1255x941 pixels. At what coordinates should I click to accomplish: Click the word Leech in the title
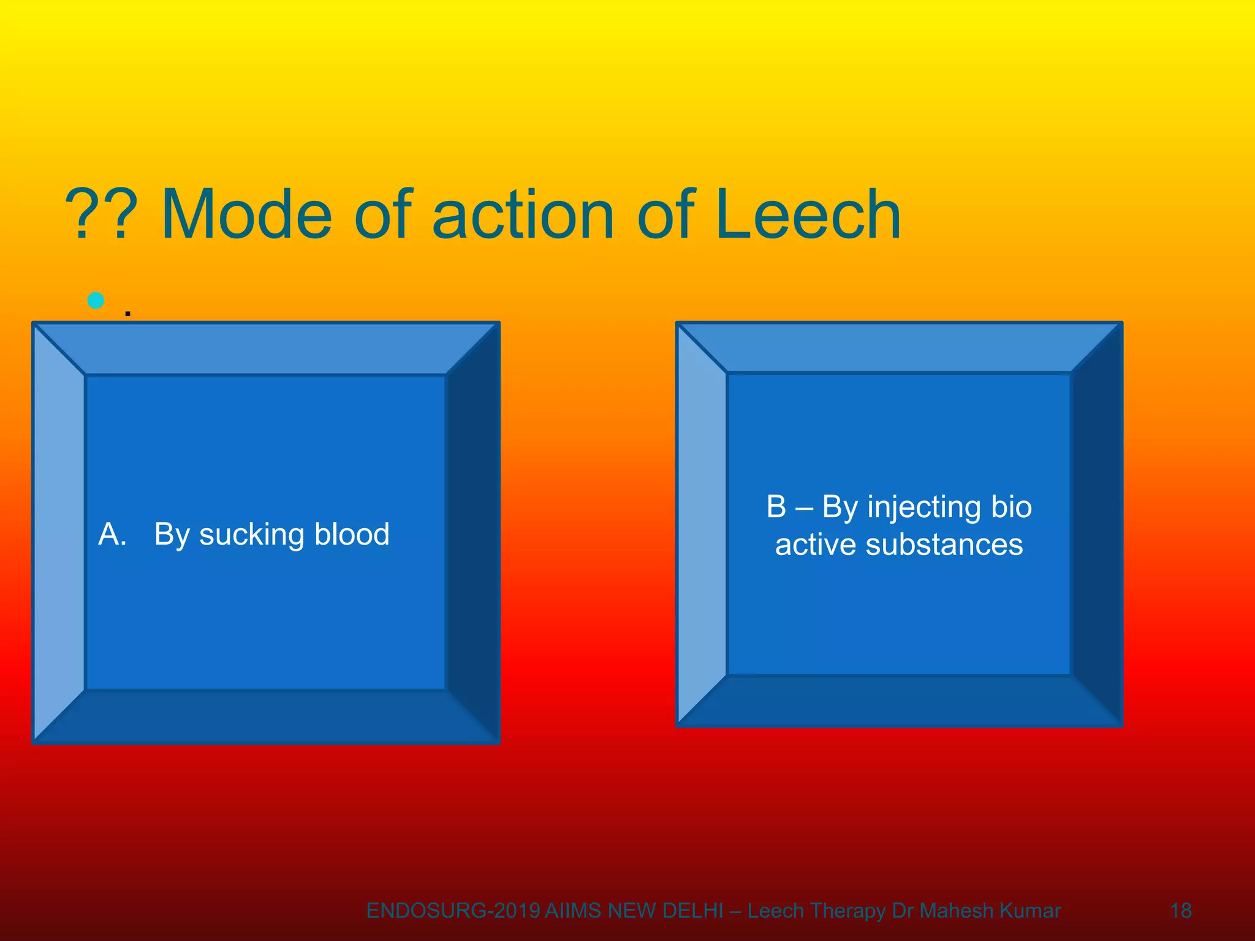(x=808, y=214)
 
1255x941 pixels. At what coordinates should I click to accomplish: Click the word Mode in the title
(x=246, y=214)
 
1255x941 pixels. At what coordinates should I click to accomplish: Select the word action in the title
(x=523, y=214)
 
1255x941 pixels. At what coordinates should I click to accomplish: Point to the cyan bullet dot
(x=96, y=300)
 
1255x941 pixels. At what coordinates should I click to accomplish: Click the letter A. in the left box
(x=112, y=534)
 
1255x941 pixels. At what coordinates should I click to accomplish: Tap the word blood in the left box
(x=352, y=534)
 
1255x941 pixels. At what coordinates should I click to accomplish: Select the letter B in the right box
(x=776, y=507)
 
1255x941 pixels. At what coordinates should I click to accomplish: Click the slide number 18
(x=1181, y=910)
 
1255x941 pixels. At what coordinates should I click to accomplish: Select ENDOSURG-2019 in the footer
(x=453, y=911)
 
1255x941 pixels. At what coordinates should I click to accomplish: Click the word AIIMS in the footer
(x=573, y=911)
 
